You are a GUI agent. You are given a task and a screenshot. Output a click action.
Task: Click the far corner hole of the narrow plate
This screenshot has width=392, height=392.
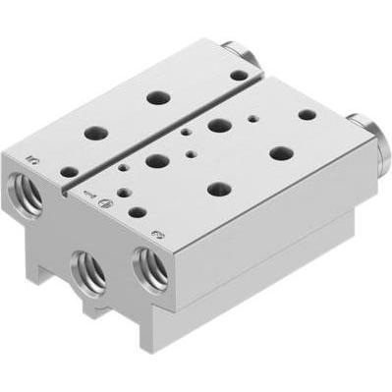(239, 75)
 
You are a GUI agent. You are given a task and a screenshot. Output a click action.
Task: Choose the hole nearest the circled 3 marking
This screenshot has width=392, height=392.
(137, 211)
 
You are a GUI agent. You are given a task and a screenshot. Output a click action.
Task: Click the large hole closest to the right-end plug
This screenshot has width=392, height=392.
(281, 154)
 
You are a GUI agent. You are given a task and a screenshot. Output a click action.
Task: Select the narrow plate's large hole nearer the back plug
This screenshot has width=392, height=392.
(155, 98)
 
